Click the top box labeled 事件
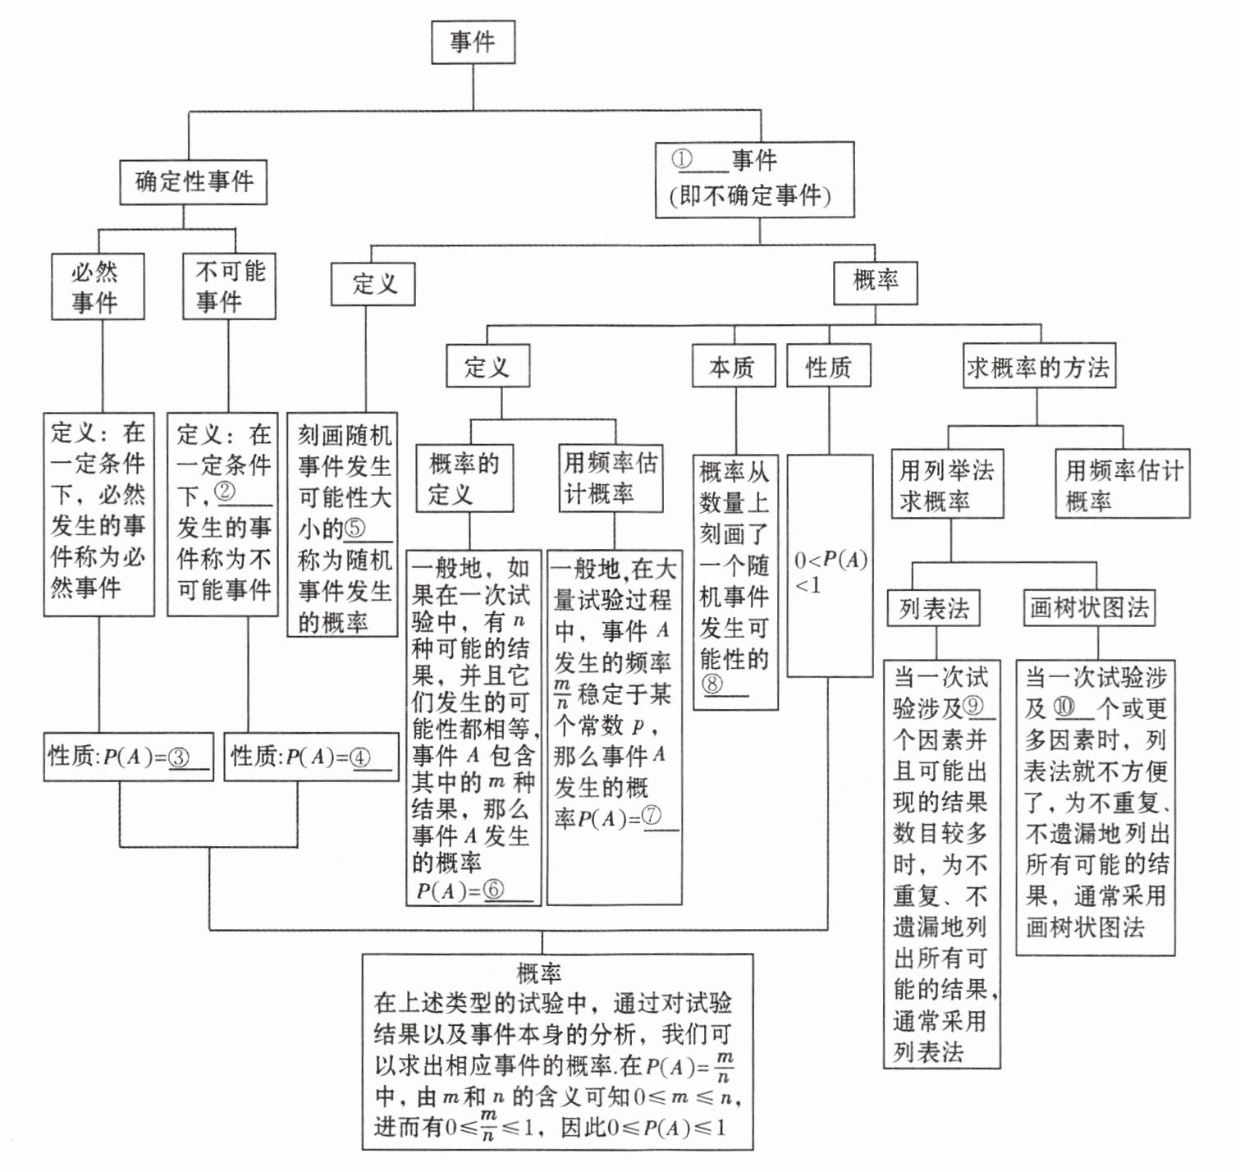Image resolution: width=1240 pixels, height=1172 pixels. [473, 42]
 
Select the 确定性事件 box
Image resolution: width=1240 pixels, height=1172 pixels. [194, 181]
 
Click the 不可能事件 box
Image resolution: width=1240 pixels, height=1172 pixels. [229, 286]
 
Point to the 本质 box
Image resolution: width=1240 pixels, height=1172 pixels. [733, 366]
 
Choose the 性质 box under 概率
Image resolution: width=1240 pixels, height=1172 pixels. [828, 366]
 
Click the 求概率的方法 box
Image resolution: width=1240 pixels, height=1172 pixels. [1038, 366]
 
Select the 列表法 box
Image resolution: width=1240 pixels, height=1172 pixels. [933, 608]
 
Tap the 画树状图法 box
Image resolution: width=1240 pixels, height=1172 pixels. [1089, 607]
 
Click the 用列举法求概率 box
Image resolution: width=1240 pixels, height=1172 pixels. [948, 485]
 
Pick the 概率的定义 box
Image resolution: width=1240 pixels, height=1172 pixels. [464, 478]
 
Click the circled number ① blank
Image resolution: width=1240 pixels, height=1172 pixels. [684, 159]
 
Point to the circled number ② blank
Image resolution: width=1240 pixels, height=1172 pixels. [226, 492]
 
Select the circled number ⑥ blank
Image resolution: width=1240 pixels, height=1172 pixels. [493, 890]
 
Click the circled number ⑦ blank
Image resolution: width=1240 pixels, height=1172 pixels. [652, 817]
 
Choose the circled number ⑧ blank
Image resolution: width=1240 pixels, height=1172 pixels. [712, 684]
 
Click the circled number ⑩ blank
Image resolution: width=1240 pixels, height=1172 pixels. [1064, 707]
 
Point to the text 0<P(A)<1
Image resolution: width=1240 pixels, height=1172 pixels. [830, 571]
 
